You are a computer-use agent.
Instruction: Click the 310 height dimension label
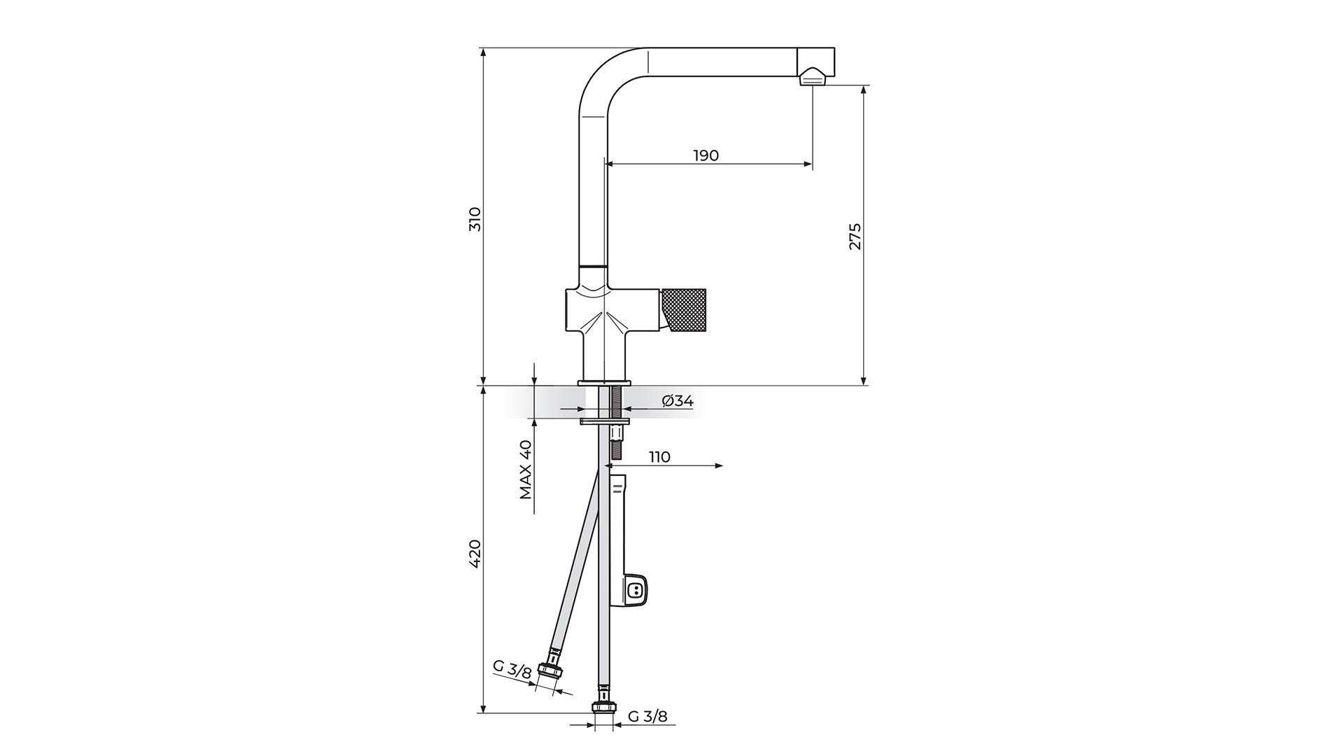point(475,219)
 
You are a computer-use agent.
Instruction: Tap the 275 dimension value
point(855,237)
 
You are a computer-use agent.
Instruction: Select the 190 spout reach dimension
point(706,155)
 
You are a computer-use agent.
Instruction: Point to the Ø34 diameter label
point(678,401)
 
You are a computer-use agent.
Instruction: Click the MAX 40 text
point(526,469)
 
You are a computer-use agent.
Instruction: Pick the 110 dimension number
point(659,457)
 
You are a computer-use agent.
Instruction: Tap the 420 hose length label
point(475,554)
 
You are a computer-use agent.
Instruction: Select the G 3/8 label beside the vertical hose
point(647,716)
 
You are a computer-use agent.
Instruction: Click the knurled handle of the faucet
point(683,310)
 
